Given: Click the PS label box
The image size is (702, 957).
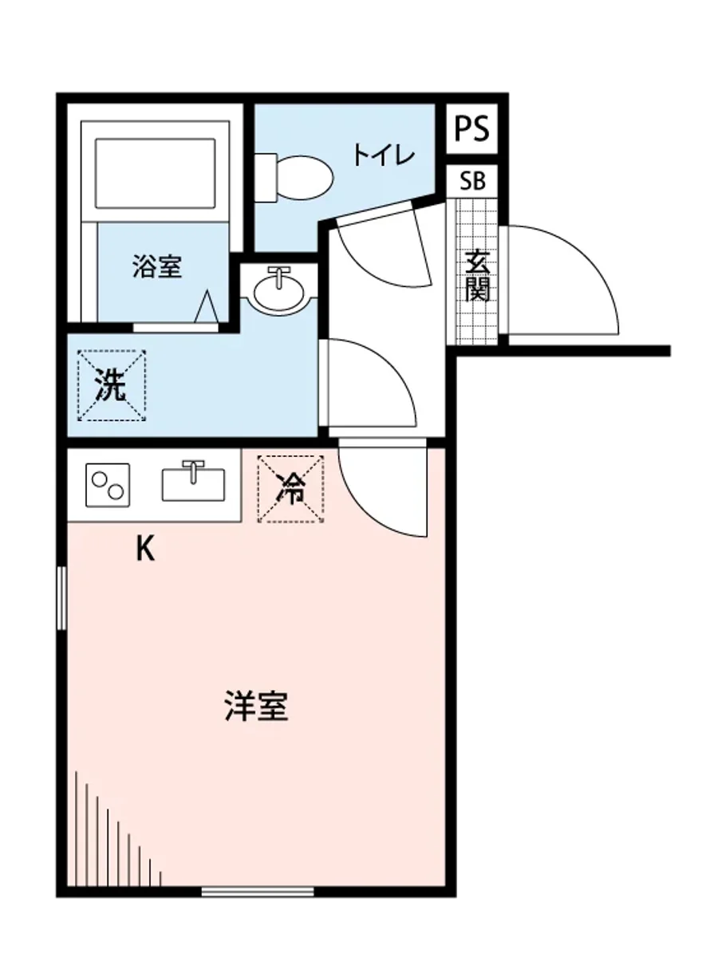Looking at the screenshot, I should (471, 128).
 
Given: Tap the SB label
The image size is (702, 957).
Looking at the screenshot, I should (471, 181).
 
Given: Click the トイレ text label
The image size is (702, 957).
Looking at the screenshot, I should (385, 155).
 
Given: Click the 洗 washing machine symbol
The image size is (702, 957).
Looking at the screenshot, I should (112, 386).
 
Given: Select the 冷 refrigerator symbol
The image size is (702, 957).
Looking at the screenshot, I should (290, 489).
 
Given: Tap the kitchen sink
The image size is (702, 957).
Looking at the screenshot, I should (193, 483).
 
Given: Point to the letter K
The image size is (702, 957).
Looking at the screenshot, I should (144, 549).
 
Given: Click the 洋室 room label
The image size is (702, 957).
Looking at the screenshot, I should (255, 707).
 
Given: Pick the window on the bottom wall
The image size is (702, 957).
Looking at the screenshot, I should (258, 891).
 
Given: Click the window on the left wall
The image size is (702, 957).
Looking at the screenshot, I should (61, 598).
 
